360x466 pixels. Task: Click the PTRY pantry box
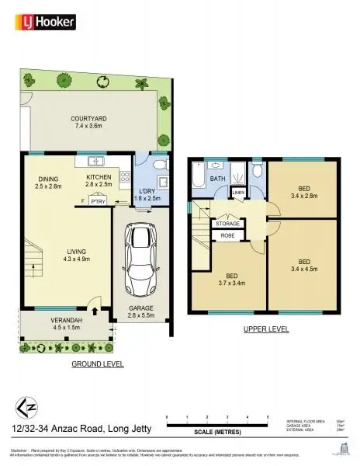[x=98, y=201]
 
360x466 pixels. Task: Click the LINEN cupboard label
[x=238, y=192]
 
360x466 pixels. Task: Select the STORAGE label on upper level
[x=228, y=224]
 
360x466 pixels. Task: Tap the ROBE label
[x=228, y=235]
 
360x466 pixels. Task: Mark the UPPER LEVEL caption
[x=266, y=329]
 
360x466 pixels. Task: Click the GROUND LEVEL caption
[x=97, y=363]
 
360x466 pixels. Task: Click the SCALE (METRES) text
[x=216, y=431]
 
